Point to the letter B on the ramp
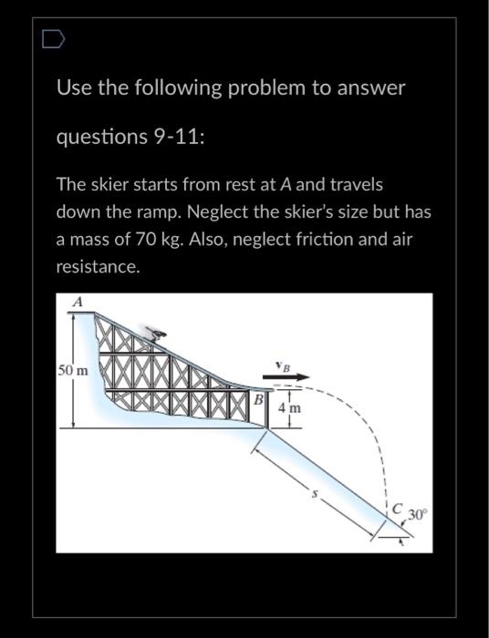[258, 399]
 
